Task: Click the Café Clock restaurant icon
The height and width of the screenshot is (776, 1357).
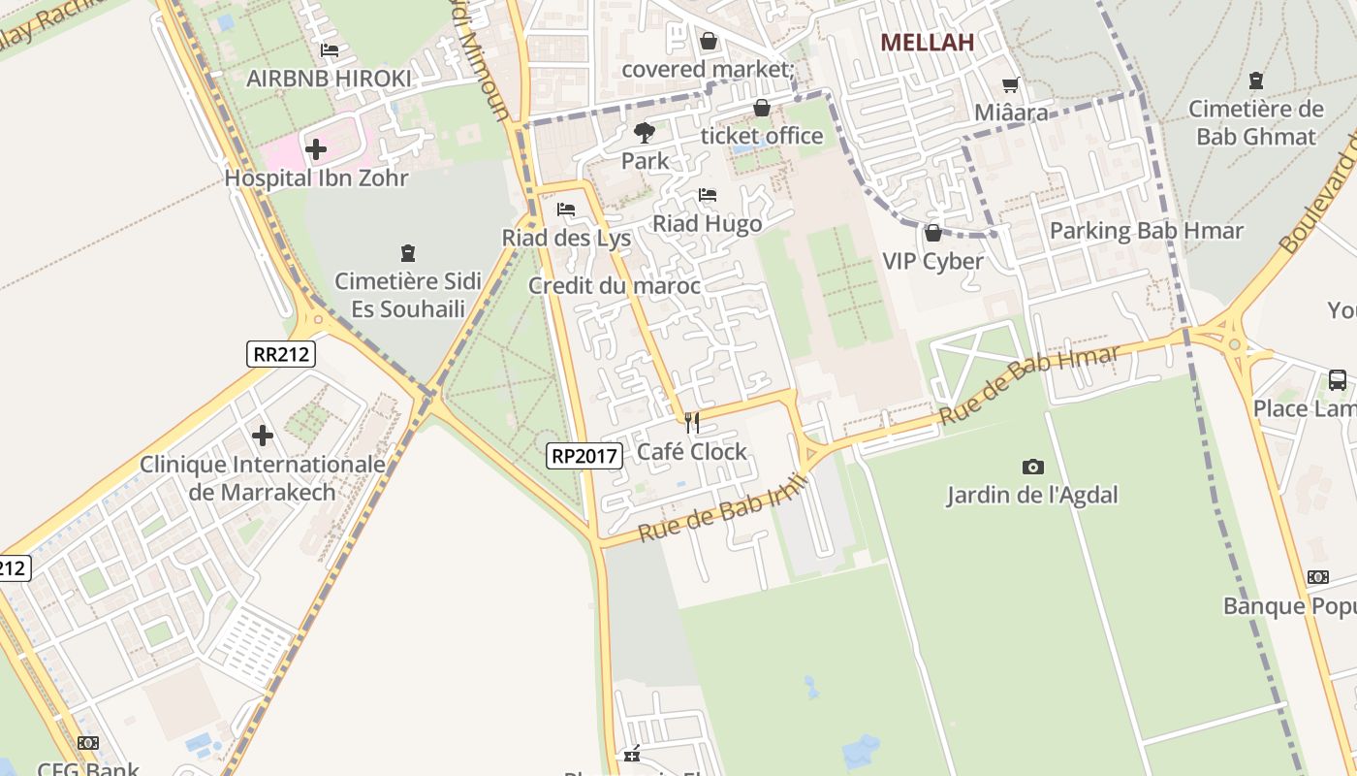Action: coord(692,423)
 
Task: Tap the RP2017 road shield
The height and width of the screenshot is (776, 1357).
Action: coord(584,455)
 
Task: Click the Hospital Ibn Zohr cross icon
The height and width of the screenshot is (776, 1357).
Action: coord(315,149)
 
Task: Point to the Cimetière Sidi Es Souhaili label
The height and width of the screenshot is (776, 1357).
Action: coord(407,295)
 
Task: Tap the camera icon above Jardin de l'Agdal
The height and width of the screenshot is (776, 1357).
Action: coord(1032,467)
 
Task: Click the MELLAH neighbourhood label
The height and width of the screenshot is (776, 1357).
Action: coord(926,42)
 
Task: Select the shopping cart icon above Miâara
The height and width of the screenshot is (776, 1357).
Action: coord(1011,85)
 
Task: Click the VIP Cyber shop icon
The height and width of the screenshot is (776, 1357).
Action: coord(932,233)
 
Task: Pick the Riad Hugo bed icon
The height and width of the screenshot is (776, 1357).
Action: coord(708,195)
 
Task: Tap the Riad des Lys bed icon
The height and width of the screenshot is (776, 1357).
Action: coord(566,210)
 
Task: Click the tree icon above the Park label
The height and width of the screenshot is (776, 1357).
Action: coord(644,132)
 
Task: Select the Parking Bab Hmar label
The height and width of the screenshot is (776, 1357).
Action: coord(1146,231)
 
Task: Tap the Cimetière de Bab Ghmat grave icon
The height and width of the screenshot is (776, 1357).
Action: coord(1256,81)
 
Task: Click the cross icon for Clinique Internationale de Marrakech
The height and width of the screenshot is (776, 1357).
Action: coord(263,436)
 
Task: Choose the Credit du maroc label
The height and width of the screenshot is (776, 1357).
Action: coord(614,285)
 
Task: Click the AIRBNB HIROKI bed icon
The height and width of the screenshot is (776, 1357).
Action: coord(330,50)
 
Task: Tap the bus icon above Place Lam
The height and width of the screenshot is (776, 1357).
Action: coord(1337,380)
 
